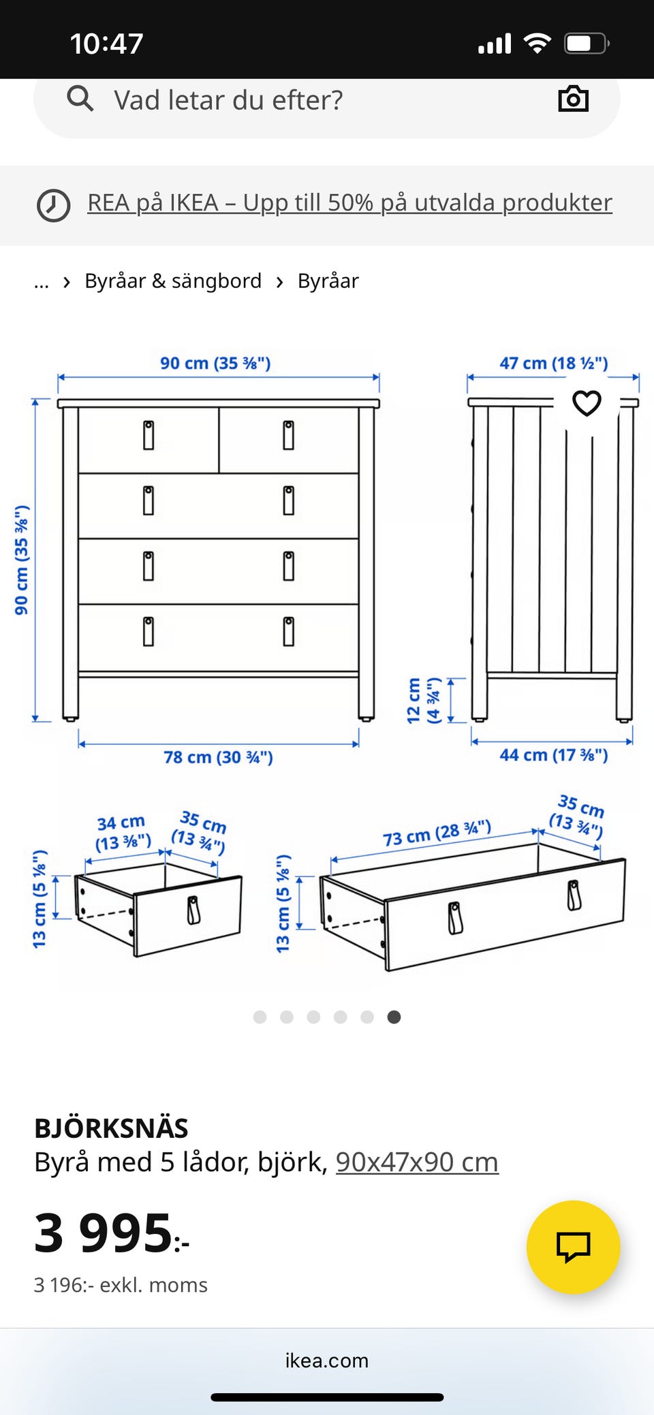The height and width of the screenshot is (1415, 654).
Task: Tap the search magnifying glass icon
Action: [80, 99]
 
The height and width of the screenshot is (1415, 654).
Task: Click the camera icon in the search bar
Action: [573, 99]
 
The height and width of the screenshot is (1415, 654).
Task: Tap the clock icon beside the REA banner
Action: [53, 205]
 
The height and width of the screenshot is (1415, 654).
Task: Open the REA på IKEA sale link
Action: [349, 203]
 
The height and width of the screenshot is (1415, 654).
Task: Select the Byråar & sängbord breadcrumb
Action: [173, 281]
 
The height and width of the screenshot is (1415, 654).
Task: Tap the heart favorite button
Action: [587, 403]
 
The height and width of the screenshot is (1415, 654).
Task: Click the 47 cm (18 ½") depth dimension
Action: [553, 363]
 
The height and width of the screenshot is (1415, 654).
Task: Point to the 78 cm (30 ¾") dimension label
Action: [218, 757]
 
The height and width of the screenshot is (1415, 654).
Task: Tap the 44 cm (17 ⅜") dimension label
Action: [553, 755]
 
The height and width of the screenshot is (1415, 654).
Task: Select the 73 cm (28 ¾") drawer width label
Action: [437, 833]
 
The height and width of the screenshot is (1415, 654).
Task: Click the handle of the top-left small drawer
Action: [149, 435]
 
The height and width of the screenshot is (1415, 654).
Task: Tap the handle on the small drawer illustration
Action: [194, 910]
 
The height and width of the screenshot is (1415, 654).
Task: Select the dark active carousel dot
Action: [394, 1017]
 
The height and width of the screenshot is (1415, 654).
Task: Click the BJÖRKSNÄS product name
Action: [111, 1128]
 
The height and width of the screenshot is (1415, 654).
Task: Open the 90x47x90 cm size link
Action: [417, 1162]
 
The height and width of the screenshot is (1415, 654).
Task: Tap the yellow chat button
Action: [573, 1247]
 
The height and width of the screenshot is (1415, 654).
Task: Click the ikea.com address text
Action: [327, 1360]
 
